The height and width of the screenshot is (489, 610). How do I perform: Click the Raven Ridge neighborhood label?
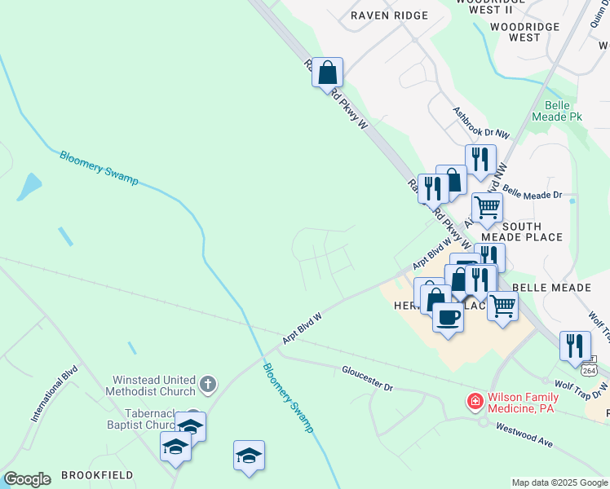[389, 15]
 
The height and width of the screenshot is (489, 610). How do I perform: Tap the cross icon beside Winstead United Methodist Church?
[209, 383]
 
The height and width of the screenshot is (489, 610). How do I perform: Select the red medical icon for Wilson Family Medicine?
[474, 401]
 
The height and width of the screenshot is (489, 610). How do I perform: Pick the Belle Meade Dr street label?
[533, 194]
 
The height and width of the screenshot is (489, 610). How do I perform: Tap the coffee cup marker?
[448, 315]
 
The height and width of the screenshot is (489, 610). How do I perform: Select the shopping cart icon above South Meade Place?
[488, 207]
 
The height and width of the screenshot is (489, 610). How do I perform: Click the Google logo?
[27, 479]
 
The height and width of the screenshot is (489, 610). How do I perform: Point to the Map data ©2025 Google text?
[559, 482]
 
